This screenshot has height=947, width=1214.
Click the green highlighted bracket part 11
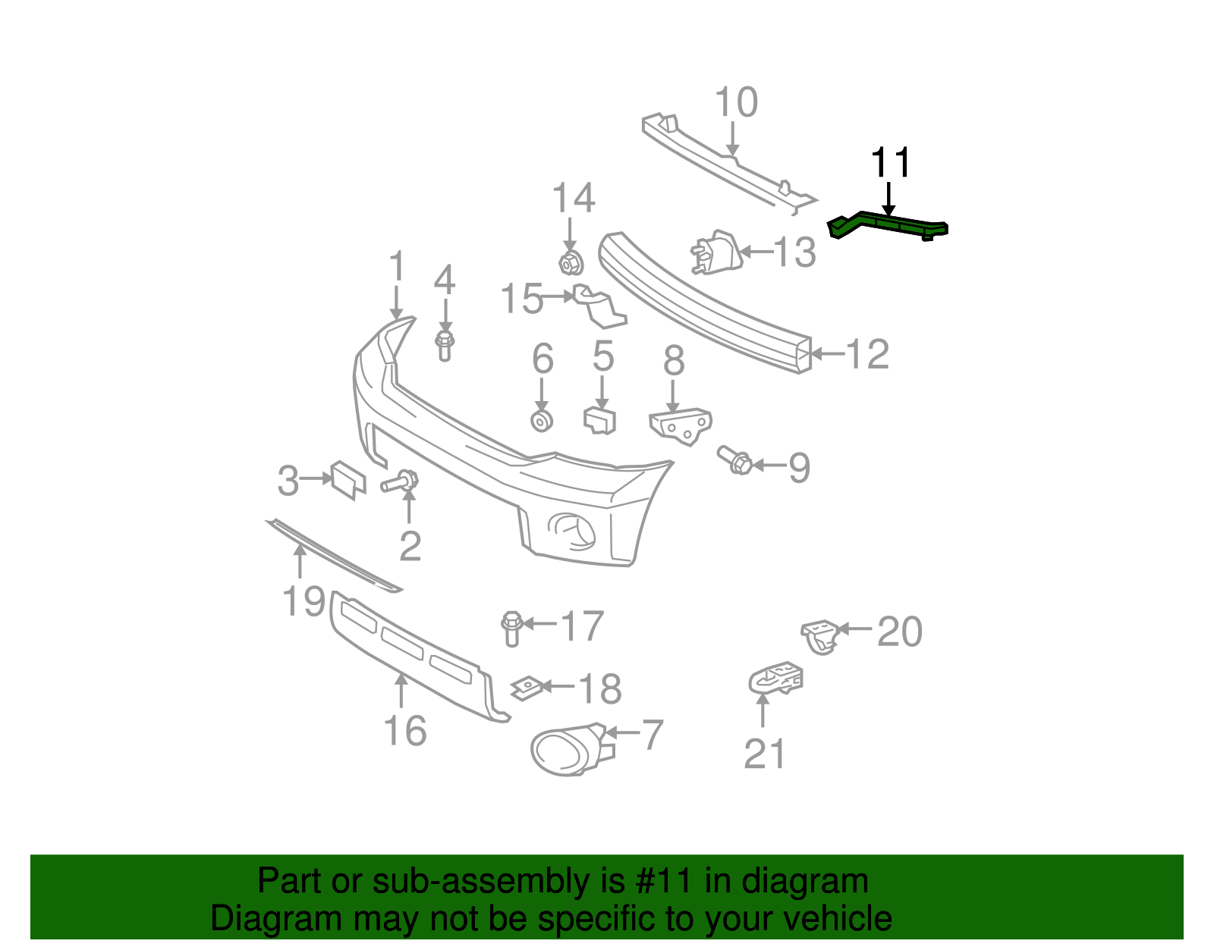coord(888,225)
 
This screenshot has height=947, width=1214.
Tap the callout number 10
coord(736,102)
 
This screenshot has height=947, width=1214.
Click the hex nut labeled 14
coord(570,262)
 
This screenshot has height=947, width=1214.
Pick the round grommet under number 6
coord(541,421)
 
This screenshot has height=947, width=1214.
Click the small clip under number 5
coord(599,421)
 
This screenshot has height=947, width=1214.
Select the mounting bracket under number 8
coord(681,425)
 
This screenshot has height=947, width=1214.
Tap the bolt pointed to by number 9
coord(734,459)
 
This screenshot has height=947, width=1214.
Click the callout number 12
coord(866,354)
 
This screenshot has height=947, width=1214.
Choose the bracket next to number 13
coord(716,252)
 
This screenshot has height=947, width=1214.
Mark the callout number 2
coord(410,546)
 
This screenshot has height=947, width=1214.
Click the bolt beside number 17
coord(511,628)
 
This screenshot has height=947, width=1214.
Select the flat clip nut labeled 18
coord(525,688)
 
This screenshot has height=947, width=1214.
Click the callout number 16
coord(405,730)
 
